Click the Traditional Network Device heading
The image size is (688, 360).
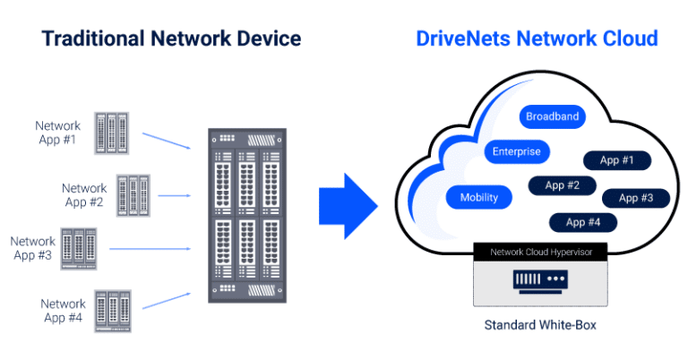[171, 39]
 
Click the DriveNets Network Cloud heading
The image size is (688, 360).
[537, 39]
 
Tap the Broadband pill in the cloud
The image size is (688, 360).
[552, 116]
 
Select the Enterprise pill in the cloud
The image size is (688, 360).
[516, 151]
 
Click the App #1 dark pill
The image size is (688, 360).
[616, 160]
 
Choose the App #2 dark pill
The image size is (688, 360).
[561, 185]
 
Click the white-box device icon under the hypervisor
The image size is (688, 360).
[539, 282]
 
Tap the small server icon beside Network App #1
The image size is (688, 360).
[111, 133]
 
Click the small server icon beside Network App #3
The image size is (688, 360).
[78, 248]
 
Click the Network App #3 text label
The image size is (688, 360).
[33, 248]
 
